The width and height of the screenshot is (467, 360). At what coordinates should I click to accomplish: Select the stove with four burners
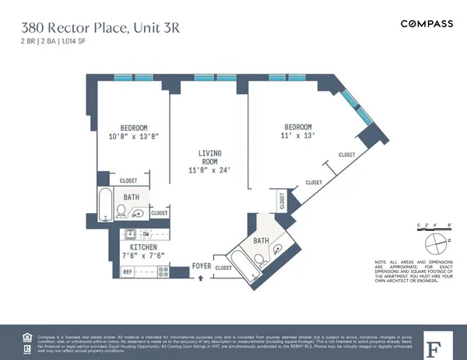click(163, 271)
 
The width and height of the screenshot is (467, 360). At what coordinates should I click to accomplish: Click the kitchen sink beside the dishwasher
click(129, 233)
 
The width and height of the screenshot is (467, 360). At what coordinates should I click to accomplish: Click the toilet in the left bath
click(122, 211)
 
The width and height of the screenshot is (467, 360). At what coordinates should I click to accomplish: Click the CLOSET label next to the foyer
click(223, 267)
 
